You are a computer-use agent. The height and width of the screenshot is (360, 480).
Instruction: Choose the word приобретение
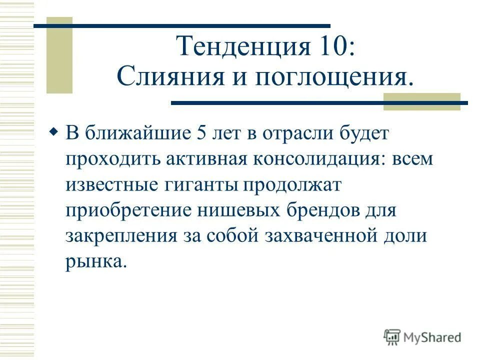pos(127,211)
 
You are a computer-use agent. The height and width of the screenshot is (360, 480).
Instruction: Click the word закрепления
pos(120,236)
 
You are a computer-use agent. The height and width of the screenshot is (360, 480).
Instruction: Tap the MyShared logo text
pos(432,337)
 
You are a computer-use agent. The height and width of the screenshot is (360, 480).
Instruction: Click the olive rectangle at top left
pos(59,55)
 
